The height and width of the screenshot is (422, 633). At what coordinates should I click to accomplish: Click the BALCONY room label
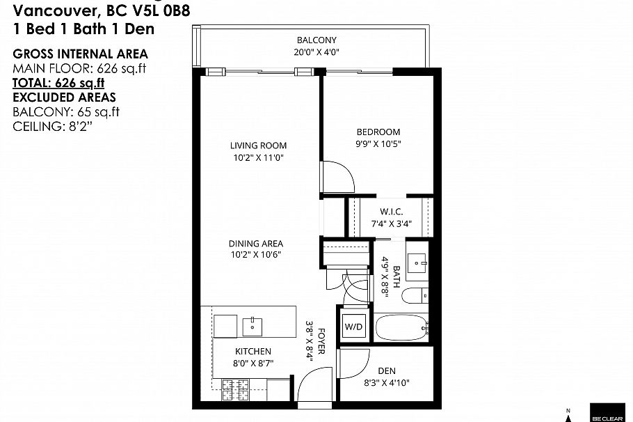[x=316, y=40]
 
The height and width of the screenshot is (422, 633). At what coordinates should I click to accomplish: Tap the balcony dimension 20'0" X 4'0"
[x=316, y=52]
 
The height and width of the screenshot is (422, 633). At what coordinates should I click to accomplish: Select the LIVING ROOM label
[x=259, y=146]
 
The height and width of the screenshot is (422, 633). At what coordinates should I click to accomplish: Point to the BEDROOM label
[x=378, y=132]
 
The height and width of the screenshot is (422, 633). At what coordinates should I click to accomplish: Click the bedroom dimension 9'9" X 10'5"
[x=378, y=144]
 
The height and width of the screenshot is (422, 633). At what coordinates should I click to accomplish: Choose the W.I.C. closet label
[x=391, y=212]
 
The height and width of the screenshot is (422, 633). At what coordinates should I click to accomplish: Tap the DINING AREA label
[x=256, y=244]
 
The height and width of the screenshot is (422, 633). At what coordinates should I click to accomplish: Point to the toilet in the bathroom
[x=417, y=295]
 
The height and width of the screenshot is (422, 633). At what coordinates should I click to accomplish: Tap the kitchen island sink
[x=251, y=325]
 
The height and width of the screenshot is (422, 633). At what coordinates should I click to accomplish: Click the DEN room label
[x=386, y=371]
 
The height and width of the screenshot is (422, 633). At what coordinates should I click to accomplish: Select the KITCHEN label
[x=253, y=352]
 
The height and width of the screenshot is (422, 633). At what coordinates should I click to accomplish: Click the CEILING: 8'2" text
[x=53, y=126]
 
